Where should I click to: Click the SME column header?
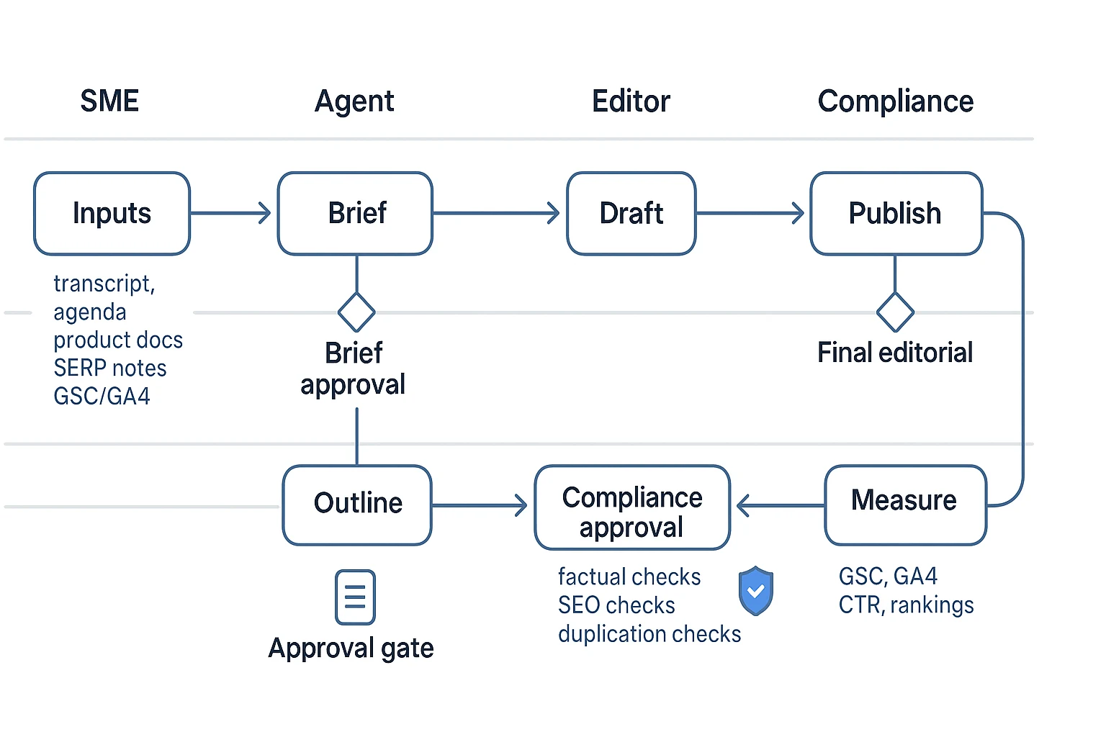109,101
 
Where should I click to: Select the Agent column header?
354,101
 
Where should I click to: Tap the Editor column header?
631,101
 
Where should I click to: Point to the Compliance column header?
895,101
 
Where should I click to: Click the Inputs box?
112,214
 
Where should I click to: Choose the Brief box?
356,214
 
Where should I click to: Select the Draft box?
631,214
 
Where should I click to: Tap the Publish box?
895,214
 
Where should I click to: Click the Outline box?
357,505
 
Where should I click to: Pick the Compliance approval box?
632,508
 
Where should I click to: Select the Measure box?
904,505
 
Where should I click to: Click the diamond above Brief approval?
356,312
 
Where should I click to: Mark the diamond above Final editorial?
895,312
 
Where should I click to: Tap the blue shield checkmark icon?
755,591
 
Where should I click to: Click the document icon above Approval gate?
355,597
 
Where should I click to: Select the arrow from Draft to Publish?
751,213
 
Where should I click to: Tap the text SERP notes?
110,368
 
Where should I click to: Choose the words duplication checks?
649,634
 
